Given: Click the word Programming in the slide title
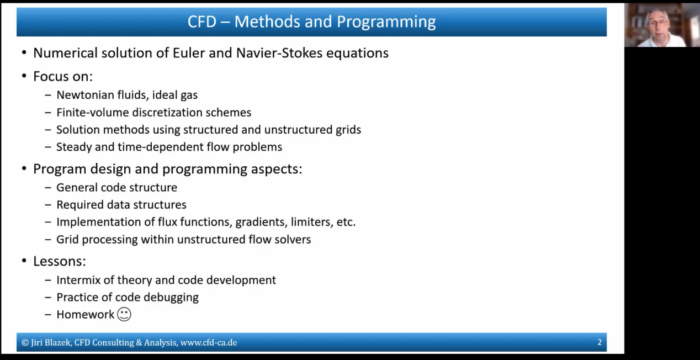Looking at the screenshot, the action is click(386, 22).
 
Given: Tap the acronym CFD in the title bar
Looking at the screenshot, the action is click(202, 22).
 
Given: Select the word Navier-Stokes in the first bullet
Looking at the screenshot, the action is click(279, 53).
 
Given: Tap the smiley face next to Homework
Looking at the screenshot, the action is click(124, 314).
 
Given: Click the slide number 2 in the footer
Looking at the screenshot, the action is click(600, 342).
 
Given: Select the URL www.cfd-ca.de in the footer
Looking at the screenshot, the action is click(209, 342).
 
